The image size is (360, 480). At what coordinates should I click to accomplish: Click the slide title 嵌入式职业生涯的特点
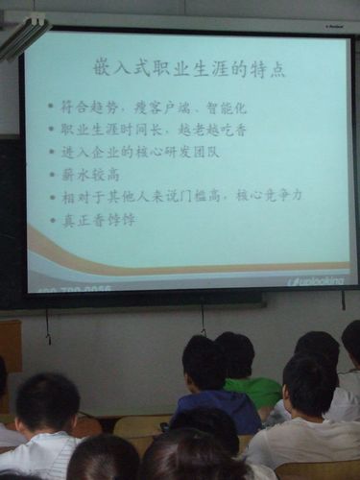[x=188, y=68]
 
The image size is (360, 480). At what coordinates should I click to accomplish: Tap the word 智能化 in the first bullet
[x=227, y=108]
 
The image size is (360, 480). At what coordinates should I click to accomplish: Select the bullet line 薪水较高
[x=90, y=174]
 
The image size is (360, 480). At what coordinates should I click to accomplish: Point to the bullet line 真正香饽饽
[x=99, y=220]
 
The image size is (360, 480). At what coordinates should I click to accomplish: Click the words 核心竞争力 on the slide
[x=270, y=196]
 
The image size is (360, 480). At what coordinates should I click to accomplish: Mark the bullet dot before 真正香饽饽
[x=51, y=220]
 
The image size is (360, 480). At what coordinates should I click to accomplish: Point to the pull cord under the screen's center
[x=203, y=317]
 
